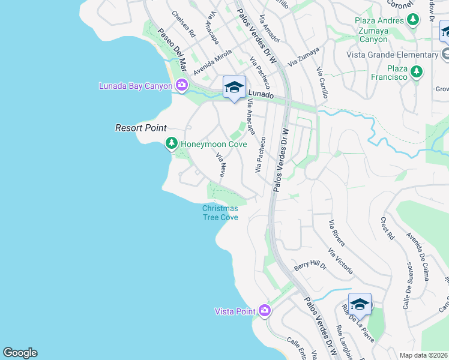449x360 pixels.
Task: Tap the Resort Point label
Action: (140, 128)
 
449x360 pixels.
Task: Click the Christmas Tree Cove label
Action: (220, 212)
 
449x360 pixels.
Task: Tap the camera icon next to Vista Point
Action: (265, 311)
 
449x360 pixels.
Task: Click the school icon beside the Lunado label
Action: (234, 88)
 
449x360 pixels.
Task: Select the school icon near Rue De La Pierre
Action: (359, 304)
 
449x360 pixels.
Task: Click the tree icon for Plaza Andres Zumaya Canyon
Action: (413, 20)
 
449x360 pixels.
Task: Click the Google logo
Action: (20, 353)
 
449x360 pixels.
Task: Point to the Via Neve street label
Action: (220, 164)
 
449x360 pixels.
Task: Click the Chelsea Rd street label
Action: (183, 24)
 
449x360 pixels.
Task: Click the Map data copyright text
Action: (423, 355)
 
